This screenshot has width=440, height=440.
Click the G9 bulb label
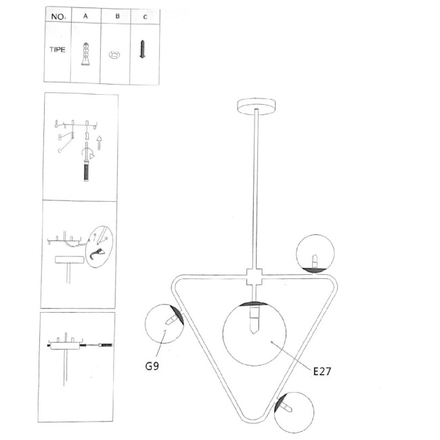tap(152, 366)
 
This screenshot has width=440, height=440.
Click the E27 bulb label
tap(322, 371)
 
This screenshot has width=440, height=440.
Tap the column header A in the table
tap(85, 16)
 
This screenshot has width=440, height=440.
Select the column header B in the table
tap(118, 16)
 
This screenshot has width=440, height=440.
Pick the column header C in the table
tap(145, 17)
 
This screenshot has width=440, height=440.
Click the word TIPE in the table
tap(58, 49)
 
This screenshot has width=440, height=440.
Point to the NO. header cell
tap(58, 17)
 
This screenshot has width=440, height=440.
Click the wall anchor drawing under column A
tap(85, 54)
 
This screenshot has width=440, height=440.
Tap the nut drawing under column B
tap(114, 55)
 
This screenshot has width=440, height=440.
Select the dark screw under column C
tap(143, 49)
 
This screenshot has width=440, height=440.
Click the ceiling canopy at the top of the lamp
tap(256, 106)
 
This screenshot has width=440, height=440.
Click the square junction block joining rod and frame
tap(255, 277)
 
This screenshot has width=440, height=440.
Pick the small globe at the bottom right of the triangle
tap(294, 412)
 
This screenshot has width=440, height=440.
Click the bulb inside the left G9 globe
tap(172, 320)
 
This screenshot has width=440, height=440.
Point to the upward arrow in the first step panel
tap(99, 143)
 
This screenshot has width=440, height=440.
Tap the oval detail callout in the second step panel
tap(100, 246)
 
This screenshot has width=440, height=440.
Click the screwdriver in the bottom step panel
tap(96, 345)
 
